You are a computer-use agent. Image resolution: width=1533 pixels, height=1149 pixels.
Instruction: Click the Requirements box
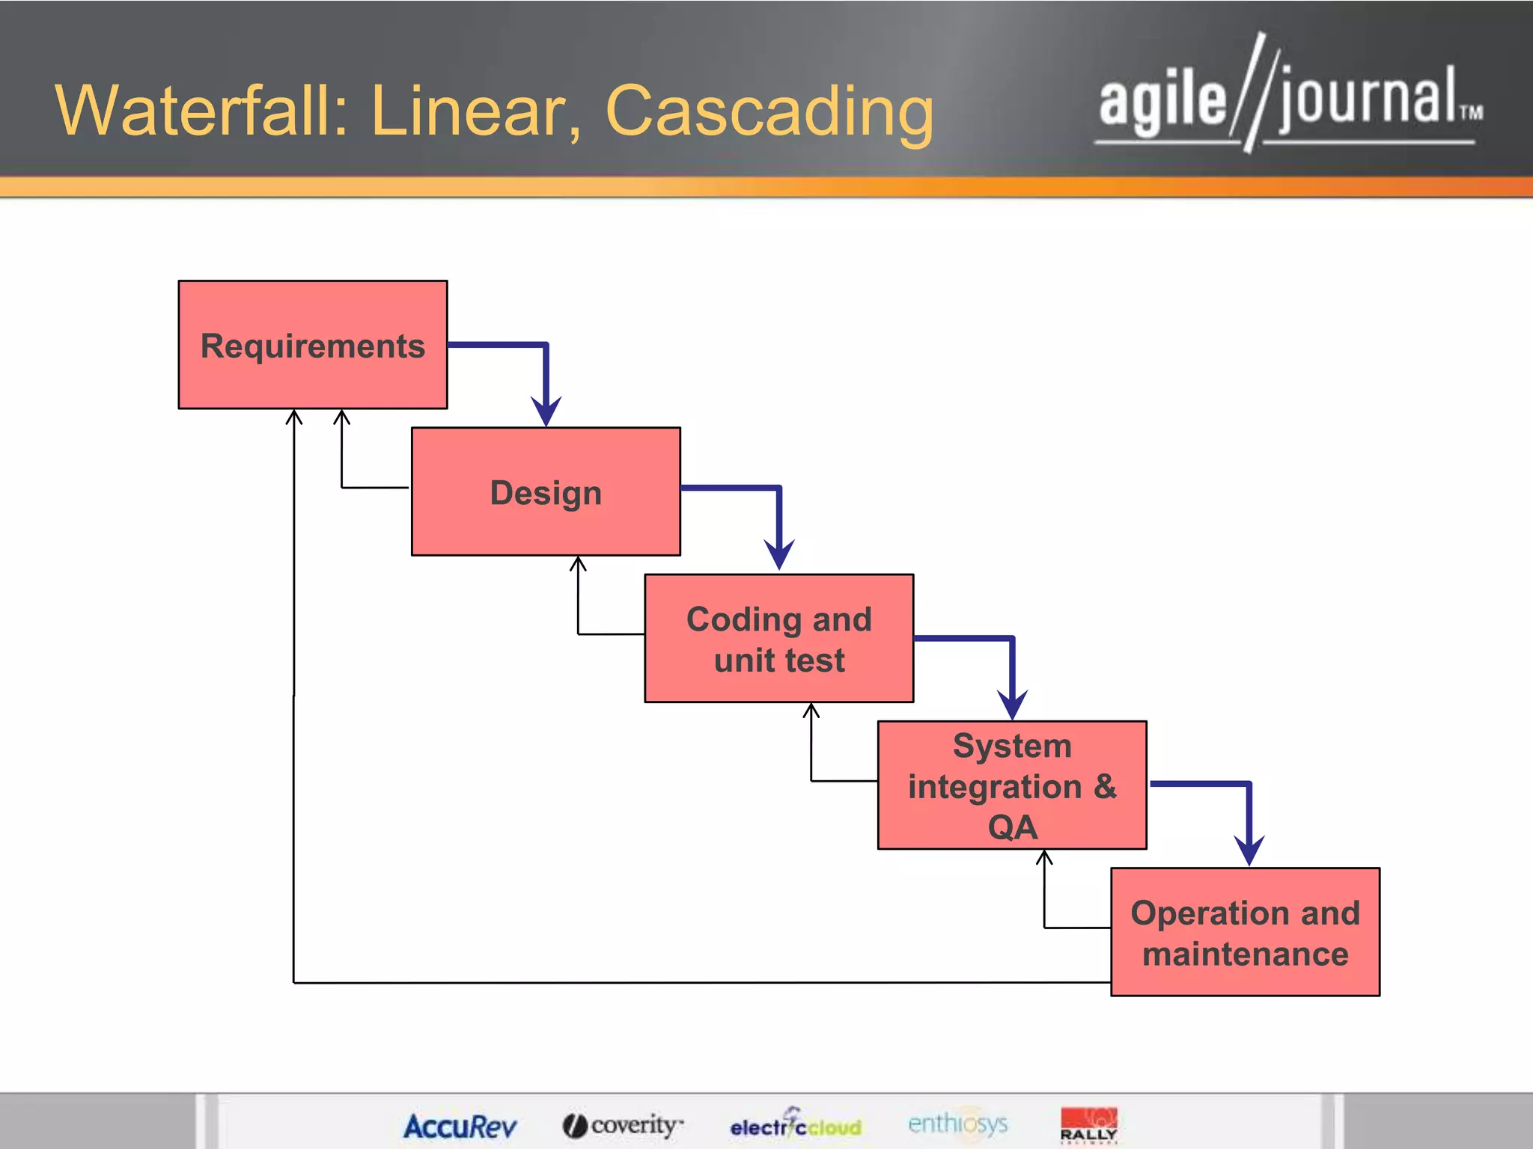[313, 345]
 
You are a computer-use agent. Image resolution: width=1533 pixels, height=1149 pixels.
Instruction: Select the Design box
[546, 491]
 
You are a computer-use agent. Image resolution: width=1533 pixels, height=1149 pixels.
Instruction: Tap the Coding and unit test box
[778, 638]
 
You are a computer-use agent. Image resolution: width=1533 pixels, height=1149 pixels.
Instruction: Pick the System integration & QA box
[1012, 785]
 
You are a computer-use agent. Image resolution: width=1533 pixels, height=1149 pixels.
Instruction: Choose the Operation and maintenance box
[1245, 932]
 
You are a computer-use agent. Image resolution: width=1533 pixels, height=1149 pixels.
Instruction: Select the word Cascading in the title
[769, 112]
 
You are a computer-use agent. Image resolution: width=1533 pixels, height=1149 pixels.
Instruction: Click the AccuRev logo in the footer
[460, 1126]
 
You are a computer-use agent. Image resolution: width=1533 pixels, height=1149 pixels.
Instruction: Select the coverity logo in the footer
[623, 1125]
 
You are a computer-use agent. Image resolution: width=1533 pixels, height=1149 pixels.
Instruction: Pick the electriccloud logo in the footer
[796, 1124]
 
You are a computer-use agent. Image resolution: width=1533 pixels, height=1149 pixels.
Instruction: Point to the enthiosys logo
[957, 1124]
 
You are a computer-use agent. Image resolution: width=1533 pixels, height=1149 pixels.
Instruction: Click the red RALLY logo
[1088, 1124]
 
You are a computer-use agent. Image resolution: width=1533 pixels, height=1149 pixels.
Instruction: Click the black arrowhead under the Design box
[578, 563]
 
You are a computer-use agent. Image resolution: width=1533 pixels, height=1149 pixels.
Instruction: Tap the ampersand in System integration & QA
[1104, 786]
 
